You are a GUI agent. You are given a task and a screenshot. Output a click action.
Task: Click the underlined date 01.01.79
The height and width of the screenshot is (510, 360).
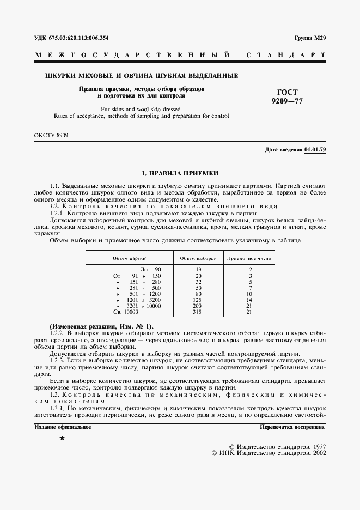(315, 149)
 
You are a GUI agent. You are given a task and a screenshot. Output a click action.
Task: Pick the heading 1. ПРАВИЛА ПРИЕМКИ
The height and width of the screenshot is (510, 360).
(180, 173)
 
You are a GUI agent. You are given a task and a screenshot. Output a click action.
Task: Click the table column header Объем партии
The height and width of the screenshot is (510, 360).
(129, 259)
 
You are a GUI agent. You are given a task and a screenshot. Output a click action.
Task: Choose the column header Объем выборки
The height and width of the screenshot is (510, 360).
(198, 259)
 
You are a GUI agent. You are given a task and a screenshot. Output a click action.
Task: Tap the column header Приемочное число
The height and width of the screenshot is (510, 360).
(250, 259)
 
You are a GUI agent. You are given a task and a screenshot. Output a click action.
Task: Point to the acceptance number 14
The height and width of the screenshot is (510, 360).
(249, 300)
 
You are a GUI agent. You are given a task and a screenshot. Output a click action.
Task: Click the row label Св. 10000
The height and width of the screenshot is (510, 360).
(126, 312)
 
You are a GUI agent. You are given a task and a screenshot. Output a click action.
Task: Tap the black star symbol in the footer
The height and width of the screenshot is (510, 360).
(62, 438)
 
